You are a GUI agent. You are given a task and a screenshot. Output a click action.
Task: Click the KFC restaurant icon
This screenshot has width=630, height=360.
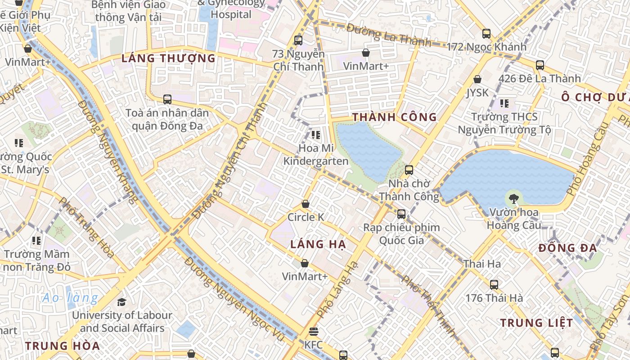click(x=314, y=332)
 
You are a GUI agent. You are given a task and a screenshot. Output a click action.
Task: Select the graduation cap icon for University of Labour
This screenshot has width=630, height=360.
click(x=121, y=301)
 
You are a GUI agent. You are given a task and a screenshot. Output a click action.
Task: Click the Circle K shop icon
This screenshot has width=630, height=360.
click(x=306, y=204)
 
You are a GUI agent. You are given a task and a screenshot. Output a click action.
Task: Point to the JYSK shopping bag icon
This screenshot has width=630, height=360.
click(x=477, y=79)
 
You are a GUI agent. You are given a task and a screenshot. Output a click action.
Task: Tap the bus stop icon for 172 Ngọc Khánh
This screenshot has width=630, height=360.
click(x=486, y=33)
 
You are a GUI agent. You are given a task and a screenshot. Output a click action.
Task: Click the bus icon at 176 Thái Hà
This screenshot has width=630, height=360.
click(x=494, y=284)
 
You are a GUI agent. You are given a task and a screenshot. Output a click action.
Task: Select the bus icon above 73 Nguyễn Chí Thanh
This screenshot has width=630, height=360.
click(x=298, y=40)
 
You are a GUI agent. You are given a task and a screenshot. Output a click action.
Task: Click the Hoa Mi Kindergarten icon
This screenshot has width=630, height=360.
click(x=315, y=135)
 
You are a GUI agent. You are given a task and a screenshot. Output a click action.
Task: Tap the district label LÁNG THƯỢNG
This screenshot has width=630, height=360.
click(x=169, y=58)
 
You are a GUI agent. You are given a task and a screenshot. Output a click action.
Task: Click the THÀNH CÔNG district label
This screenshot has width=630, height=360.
click(x=394, y=117)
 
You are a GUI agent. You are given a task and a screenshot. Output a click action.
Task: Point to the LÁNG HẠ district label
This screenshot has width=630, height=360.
click(x=318, y=244)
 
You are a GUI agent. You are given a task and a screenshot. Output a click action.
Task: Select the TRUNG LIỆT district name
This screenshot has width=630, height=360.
click(x=537, y=323)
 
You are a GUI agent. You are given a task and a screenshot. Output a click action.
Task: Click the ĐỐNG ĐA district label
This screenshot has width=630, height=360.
click(x=567, y=248)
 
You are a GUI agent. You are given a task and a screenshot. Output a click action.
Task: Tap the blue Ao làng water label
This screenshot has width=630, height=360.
click(x=70, y=298)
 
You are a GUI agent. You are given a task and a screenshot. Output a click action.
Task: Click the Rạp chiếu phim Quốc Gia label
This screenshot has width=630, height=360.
click(x=401, y=234)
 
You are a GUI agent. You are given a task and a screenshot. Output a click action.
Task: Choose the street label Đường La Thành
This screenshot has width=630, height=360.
click(x=389, y=35)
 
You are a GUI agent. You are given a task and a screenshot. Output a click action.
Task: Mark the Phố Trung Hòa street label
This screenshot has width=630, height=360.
click(x=86, y=228)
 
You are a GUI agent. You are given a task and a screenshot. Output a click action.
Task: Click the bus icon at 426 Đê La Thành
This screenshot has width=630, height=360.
click(x=540, y=65)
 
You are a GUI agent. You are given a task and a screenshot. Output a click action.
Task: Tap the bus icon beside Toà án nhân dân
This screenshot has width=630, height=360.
click(x=167, y=99)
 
